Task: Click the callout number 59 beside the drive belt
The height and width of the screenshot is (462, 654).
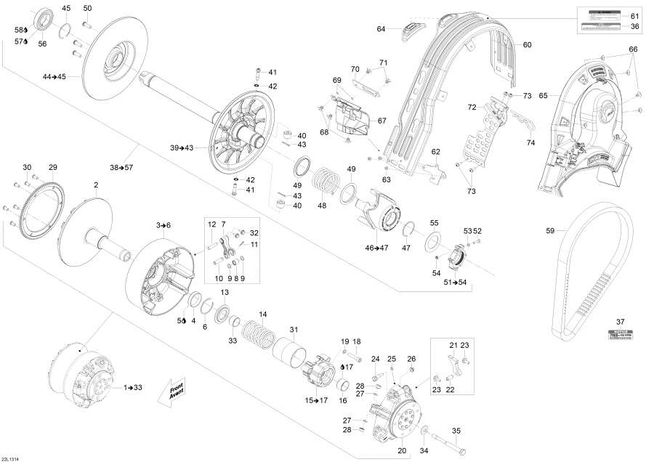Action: click(550, 232)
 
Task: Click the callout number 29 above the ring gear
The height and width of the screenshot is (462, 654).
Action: click(52, 168)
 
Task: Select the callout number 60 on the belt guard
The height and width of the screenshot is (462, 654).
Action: click(528, 45)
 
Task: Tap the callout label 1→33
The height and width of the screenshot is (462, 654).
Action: click(132, 387)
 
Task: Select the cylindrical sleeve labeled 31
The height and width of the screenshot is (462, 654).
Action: click(288, 356)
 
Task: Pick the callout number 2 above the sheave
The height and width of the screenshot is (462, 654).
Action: click(96, 185)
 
